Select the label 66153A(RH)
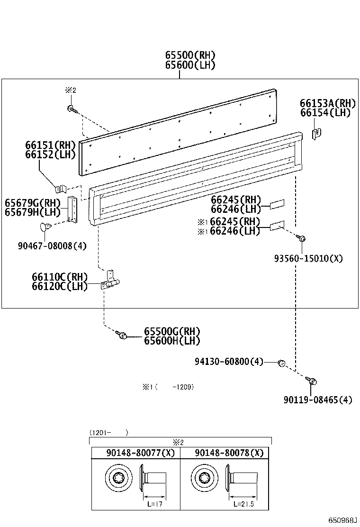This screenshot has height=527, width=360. click(327, 103)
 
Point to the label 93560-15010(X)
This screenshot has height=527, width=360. click(308, 258)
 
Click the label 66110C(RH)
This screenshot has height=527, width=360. click(60, 277)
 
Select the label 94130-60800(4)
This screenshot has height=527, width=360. click(229, 362)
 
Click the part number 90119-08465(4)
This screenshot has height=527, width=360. click(318, 400)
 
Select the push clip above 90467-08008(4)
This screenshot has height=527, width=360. click(46, 227)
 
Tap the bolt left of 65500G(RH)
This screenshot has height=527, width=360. click(122, 335)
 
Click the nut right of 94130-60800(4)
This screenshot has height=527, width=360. click(281, 363)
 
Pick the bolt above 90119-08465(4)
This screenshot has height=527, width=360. click(311, 380)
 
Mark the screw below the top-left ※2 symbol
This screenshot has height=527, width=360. click(71, 109)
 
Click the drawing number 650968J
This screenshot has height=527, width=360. click(343, 520)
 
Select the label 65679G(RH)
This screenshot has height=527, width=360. click(32, 203)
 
